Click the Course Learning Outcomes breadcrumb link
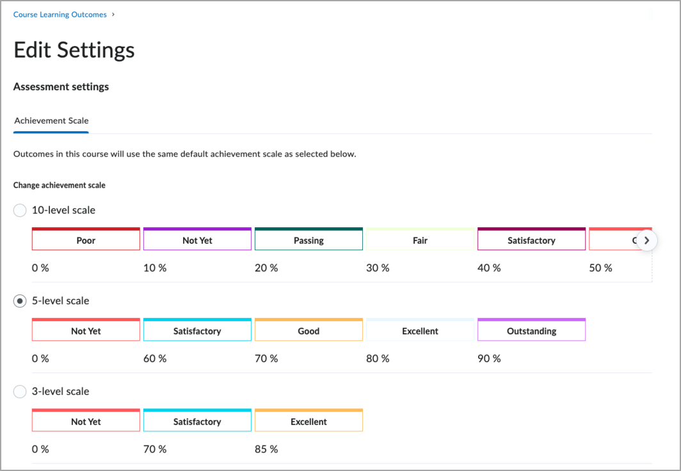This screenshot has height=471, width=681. pyautogui.click(x=60, y=14)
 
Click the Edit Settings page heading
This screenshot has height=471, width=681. pyautogui.click(x=74, y=50)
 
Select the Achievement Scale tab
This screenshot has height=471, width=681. pyautogui.click(x=51, y=120)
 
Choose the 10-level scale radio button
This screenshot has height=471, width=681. pyautogui.click(x=20, y=210)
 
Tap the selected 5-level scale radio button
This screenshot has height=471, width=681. pyautogui.click(x=20, y=301)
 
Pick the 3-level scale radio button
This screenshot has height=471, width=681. pyautogui.click(x=20, y=392)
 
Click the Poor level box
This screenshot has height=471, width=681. pyautogui.click(x=86, y=241)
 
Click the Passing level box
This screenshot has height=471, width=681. pyautogui.click(x=308, y=241)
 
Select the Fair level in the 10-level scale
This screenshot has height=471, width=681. pyautogui.click(x=420, y=241)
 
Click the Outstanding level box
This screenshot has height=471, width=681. pyautogui.click(x=531, y=331)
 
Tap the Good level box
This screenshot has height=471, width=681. pyautogui.click(x=308, y=331)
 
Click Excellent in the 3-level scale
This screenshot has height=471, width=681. pyautogui.click(x=308, y=422)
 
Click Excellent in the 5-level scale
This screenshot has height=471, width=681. pyautogui.click(x=420, y=331)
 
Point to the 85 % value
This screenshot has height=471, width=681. pyautogui.click(x=266, y=449)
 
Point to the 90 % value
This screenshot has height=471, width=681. pyautogui.click(x=489, y=358)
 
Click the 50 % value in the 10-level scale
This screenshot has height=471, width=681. pyautogui.click(x=600, y=268)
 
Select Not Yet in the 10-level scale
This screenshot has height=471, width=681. pyautogui.click(x=197, y=241)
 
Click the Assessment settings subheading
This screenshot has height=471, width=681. pyautogui.click(x=61, y=86)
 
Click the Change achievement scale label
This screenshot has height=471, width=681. pyautogui.click(x=59, y=185)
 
